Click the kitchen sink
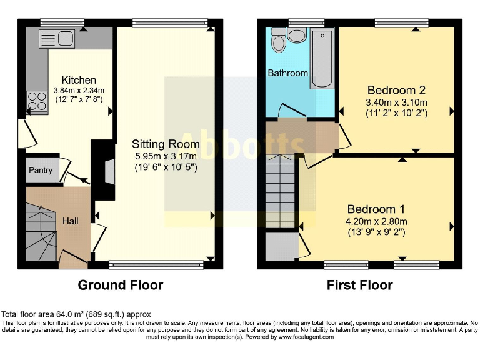pos(57,38)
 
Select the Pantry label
pos(39,170)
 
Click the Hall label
pos(71,221)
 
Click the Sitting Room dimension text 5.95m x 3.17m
pos(166,156)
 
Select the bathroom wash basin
pos(297,35)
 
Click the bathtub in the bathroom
pos(322,57)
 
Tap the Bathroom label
pos(288,73)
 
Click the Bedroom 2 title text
pos(396,89)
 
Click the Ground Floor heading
pos(120,285)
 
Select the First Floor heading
pos(360,285)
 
